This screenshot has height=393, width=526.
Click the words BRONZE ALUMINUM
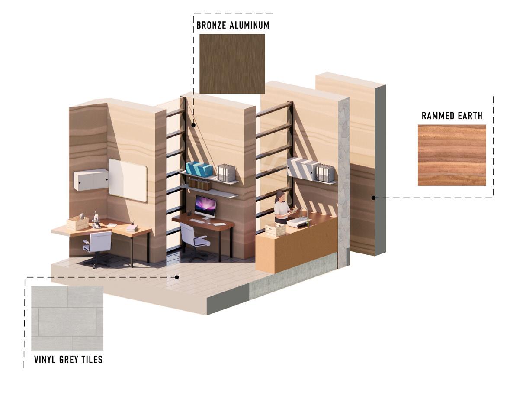click(233, 25)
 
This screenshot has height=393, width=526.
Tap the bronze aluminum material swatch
click(232, 64)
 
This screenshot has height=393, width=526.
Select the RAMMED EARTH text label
click(452, 116)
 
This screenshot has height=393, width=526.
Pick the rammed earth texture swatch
click(452, 155)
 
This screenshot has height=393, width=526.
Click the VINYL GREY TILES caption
click(68, 360)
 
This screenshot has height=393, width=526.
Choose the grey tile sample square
click(67, 318)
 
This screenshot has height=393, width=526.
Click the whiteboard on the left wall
click(128, 180)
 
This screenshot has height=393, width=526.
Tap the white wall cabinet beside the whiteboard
click(90, 179)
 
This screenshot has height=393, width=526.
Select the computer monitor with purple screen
click(205, 206)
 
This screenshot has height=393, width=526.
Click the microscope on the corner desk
click(96, 219)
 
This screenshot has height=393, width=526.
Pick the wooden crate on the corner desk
click(77, 223)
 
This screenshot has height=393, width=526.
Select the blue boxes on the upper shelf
click(199, 169)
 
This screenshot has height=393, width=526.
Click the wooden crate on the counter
click(276, 230)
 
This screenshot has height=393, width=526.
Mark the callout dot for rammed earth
click(373, 198)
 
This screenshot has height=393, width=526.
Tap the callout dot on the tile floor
click(176, 277)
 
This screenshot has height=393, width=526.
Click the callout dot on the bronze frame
click(194, 125)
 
